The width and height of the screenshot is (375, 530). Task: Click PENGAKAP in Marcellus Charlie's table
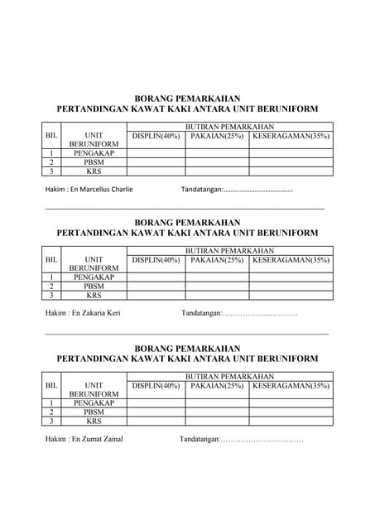94,153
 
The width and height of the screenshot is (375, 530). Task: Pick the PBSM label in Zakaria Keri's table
94,287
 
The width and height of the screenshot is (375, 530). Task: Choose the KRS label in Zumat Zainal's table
94,421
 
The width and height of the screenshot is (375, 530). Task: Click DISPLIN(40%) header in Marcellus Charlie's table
156,136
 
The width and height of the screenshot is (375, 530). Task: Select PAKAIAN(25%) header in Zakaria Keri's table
217,260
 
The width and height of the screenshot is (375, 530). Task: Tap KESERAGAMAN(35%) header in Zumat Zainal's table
291,386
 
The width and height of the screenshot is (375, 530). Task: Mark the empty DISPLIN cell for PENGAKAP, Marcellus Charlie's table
156,153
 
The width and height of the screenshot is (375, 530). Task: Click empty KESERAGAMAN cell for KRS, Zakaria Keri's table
291,296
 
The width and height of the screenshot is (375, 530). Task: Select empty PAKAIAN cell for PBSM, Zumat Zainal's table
217,412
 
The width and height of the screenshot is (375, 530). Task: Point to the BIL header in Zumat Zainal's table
51,386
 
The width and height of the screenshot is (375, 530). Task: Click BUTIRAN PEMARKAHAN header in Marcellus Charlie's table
229,126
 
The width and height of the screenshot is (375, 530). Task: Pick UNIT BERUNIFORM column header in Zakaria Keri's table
94,264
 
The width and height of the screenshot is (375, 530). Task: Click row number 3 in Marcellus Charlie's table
51,171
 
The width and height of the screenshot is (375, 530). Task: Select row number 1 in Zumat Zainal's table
51,403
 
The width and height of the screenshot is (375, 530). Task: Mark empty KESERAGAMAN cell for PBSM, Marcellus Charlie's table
291,162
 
